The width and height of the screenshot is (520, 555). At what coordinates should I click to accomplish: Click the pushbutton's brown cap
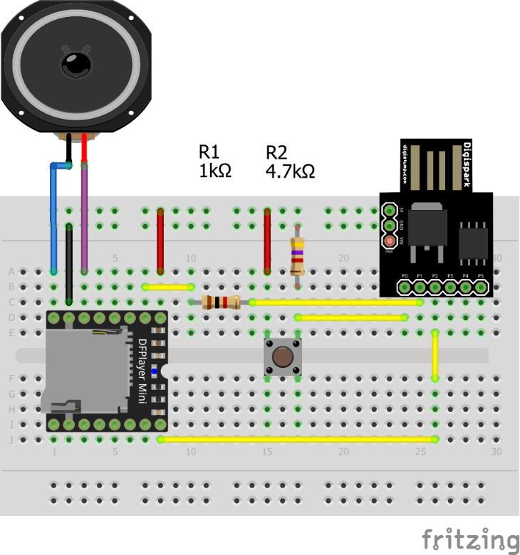[284, 357]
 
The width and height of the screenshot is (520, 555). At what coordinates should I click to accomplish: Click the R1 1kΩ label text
[215, 161]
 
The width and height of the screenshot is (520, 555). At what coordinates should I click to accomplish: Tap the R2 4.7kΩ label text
[289, 162]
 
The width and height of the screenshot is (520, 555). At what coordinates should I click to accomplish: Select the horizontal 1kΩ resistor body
[220, 302]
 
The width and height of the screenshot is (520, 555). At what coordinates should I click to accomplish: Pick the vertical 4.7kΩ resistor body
[298, 257]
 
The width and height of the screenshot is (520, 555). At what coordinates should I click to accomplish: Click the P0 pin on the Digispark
[404, 287]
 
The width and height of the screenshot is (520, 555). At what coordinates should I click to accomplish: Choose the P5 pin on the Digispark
[482, 287]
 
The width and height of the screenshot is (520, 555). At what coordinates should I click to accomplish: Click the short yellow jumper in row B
[168, 287]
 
